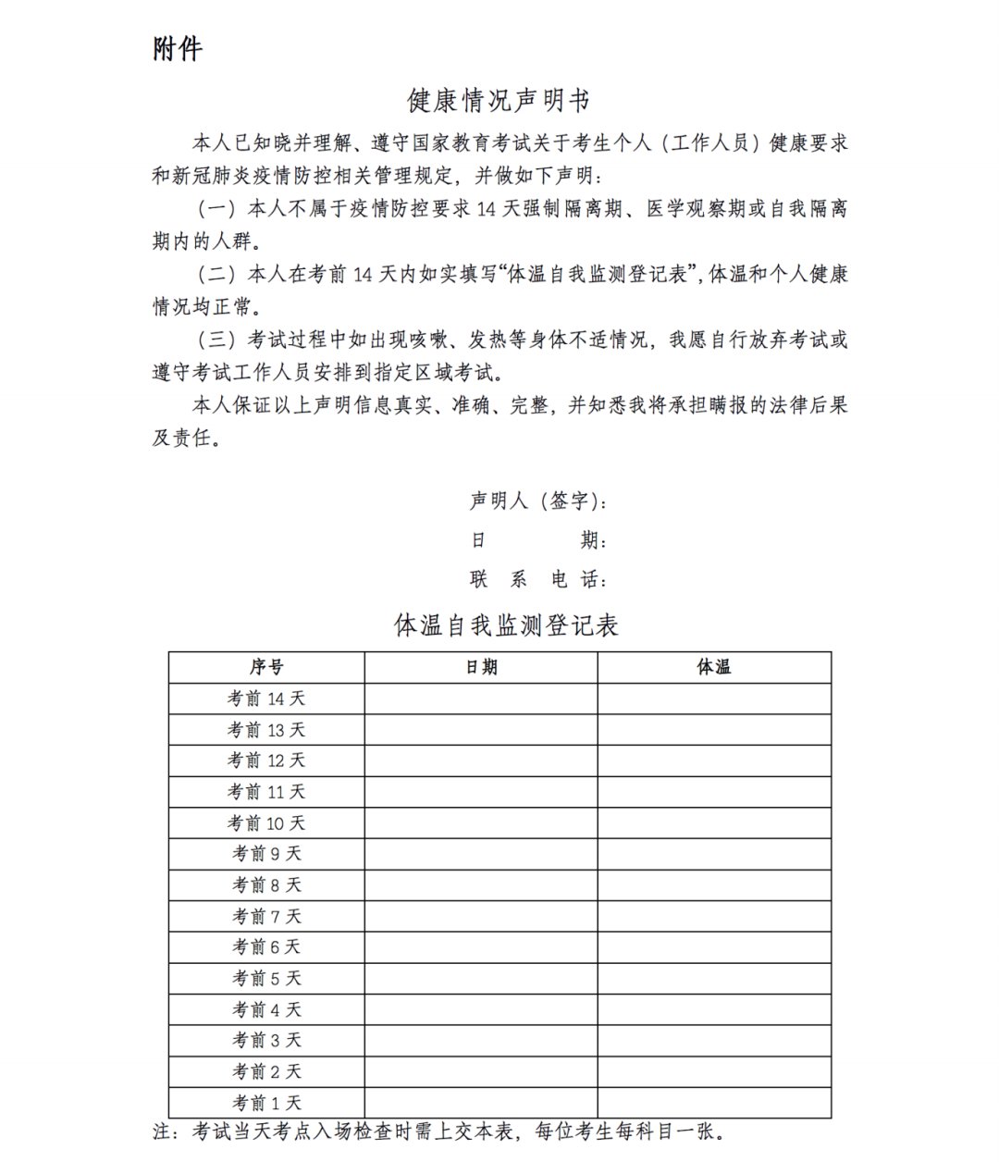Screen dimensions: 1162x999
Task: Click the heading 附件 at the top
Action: tap(177, 49)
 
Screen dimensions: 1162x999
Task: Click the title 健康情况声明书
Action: tap(499, 99)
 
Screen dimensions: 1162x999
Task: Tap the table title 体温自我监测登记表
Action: tap(506, 625)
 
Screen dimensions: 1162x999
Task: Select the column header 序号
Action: tap(266, 667)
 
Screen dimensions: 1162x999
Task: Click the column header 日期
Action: tap(481, 667)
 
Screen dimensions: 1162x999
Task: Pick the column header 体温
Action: tap(714, 667)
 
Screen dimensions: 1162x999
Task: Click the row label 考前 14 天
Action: tap(266, 698)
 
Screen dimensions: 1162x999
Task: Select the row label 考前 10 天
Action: tap(266, 822)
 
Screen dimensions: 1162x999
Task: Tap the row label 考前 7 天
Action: tap(266, 916)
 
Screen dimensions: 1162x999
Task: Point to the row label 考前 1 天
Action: tap(266, 1103)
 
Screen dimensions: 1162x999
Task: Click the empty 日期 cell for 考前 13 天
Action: tap(481, 730)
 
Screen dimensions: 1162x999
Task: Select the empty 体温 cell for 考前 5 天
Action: tap(714, 978)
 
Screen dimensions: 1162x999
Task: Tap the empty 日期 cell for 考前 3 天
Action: tap(481, 1041)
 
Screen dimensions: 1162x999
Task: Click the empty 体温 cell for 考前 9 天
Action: tap(714, 854)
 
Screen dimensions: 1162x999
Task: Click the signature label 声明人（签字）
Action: tap(536, 501)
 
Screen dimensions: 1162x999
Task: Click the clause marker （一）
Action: tap(217, 208)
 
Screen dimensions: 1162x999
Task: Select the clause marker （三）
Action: tap(217, 340)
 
